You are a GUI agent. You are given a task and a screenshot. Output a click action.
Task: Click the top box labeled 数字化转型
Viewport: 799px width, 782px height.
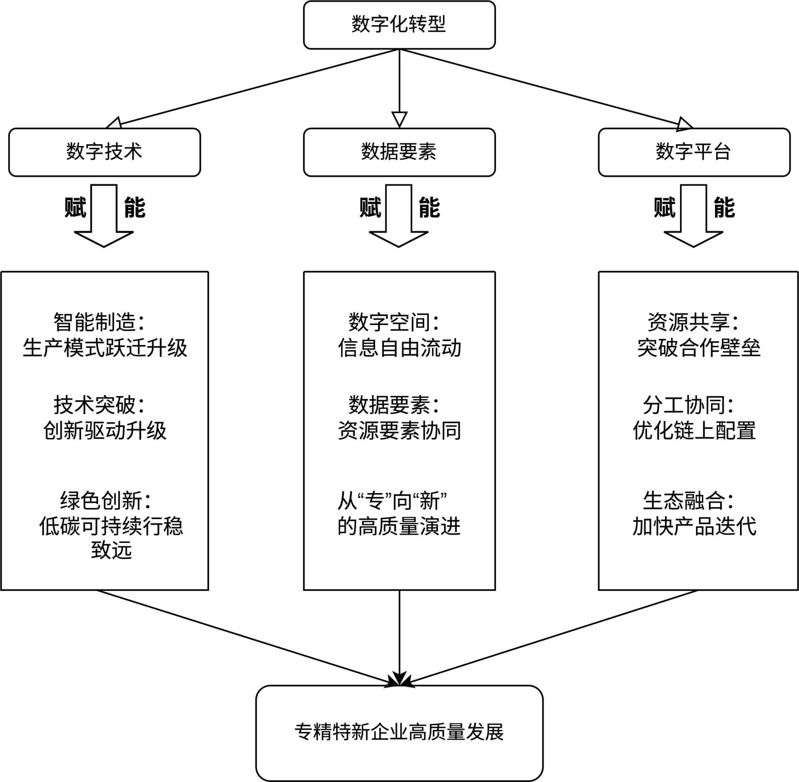(399, 25)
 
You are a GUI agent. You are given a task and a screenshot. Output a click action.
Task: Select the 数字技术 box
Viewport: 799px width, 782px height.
(104, 152)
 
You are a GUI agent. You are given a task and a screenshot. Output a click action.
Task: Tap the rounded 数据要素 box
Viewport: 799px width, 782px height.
(399, 152)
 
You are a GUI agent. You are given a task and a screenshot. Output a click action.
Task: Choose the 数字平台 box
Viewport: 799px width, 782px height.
(694, 152)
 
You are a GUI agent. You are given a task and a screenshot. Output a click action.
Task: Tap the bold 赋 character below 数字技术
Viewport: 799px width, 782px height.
(76, 208)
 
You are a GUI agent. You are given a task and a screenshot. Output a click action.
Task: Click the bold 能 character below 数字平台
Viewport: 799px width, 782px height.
(724, 208)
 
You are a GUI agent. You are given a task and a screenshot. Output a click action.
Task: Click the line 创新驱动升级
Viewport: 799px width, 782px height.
(105, 430)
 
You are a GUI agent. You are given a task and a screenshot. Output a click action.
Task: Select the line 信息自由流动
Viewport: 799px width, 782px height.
(399, 348)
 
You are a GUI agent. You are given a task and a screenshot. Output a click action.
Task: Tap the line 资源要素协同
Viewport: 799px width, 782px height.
(399, 430)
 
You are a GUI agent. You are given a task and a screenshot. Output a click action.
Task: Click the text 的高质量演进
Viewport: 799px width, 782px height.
(399, 526)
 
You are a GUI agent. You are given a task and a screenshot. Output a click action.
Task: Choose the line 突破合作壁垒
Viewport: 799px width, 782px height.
(699, 348)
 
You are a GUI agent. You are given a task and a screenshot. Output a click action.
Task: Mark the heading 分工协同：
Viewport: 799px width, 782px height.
(689, 405)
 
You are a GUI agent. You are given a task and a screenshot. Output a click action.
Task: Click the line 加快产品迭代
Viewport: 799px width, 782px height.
(694, 526)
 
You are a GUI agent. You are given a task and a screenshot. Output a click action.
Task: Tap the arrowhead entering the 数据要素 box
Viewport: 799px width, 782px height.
(399, 119)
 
